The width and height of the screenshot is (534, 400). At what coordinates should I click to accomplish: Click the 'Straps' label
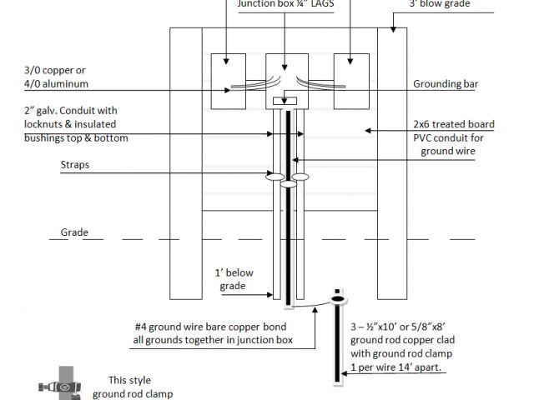[x=76, y=165]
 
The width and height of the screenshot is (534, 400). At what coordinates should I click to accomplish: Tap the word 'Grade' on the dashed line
[x=74, y=232]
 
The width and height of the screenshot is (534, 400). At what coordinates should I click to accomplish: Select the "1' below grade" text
[x=234, y=279]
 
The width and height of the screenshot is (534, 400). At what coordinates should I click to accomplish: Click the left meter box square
[x=226, y=80]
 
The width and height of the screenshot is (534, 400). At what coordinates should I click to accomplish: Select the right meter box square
[x=350, y=80]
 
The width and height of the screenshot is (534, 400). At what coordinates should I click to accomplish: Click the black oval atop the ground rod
[x=338, y=298]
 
